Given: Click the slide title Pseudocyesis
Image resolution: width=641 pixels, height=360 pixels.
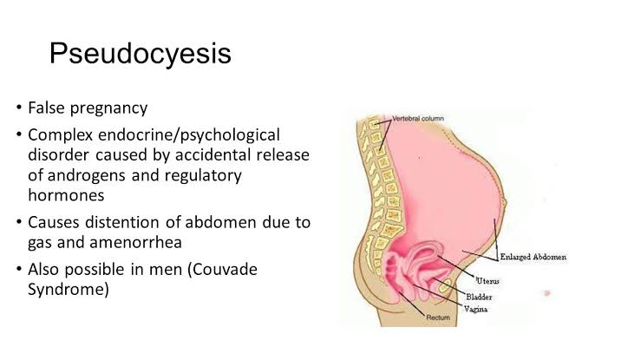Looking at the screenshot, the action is click(x=141, y=55).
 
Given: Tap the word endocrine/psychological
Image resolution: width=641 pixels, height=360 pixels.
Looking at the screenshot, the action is click(x=189, y=135).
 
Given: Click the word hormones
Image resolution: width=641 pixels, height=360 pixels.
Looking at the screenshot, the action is click(x=66, y=195).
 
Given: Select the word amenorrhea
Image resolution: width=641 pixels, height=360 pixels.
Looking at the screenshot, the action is click(x=135, y=242).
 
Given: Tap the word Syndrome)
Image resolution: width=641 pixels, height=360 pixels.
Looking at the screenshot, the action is click(x=69, y=290).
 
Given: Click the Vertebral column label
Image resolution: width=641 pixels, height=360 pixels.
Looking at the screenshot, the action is click(x=418, y=119).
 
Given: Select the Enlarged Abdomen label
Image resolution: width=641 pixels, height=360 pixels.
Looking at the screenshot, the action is click(x=533, y=257).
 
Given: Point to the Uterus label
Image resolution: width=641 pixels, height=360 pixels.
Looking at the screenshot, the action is click(x=487, y=281).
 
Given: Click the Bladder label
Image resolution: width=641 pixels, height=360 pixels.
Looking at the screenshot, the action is click(x=479, y=297).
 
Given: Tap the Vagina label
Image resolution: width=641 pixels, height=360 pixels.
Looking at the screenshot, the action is click(x=476, y=310).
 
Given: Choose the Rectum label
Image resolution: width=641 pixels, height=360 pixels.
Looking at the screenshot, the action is click(x=438, y=317).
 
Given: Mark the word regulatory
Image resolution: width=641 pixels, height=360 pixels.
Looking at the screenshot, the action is click(x=203, y=176).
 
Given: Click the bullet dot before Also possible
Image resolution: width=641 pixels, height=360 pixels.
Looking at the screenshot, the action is click(x=19, y=269).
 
